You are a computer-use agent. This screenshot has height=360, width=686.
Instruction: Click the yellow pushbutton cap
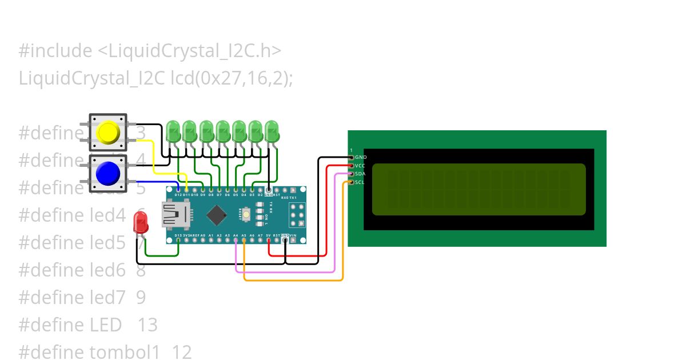point(107,132)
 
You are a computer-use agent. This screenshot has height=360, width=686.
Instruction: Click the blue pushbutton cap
point(107,173)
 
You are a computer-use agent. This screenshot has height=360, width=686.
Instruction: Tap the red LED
point(140,222)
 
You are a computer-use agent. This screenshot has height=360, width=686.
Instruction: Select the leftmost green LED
point(173,131)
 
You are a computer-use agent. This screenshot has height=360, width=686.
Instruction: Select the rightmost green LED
point(272,131)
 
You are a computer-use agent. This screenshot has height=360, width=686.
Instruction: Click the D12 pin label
point(178,195)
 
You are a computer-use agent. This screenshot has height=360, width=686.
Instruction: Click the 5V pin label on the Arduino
point(268,235)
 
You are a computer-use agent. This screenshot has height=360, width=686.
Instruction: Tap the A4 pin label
point(236,235)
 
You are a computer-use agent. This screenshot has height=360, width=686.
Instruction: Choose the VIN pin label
point(293,235)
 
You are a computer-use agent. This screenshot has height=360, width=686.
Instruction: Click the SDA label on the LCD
point(360,174)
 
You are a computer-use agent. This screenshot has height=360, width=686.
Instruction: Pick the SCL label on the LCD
point(360,182)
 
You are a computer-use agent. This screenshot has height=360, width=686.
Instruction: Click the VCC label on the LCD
point(360,165)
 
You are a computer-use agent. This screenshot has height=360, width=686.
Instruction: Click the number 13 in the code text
point(147,325)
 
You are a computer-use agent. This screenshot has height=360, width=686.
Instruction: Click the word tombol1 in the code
point(125,352)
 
